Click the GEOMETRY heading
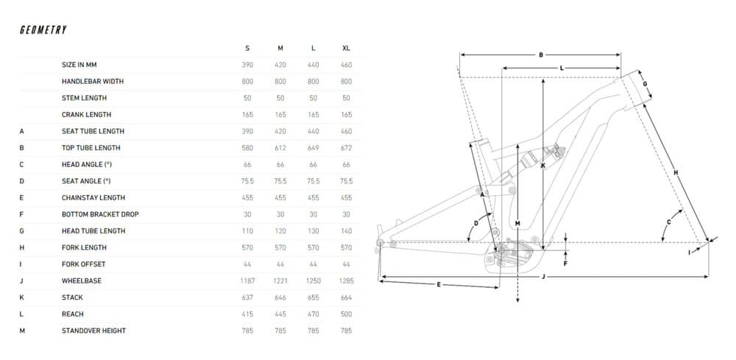[43, 30]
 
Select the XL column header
[346, 49]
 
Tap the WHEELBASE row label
[82, 280]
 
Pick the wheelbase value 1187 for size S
[247, 280]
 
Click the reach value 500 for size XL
[346, 314]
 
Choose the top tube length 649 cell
[313, 148]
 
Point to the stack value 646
[280, 297]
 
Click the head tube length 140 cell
[346, 231]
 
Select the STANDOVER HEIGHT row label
[94, 331]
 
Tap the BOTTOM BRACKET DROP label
[100, 214]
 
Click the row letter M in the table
[22, 331]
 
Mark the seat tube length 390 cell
[247, 132]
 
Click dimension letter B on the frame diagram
[541, 55]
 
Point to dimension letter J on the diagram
[543, 277]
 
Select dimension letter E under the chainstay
[439, 284]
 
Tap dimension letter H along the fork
[676, 173]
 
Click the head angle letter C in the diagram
[669, 222]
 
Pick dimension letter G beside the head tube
[645, 84]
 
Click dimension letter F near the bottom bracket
[565, 264]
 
